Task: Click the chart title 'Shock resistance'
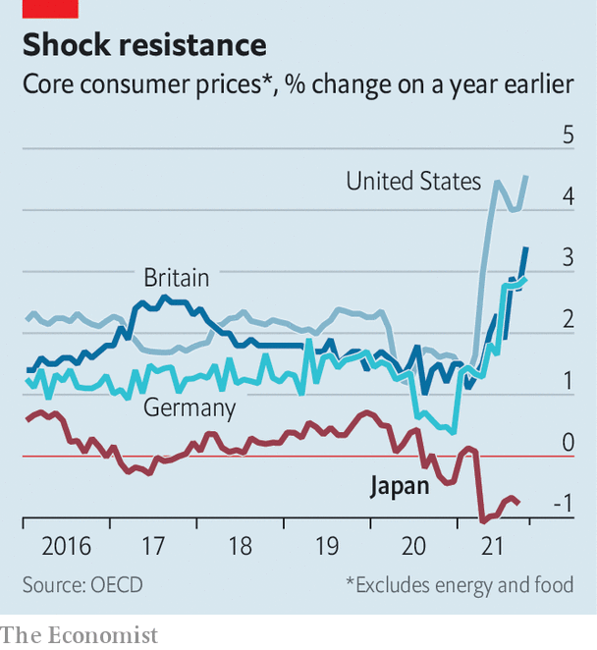(144, 45)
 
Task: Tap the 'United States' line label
(413, 182)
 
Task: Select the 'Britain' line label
(177, 278)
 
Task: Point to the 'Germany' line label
(190, 407)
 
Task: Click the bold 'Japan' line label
(399, 486)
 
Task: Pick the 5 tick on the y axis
(568, 135)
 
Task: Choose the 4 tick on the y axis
(568, 196)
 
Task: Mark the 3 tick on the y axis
(568, 258)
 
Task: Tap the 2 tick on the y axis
(568, 320)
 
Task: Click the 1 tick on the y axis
(568, 382)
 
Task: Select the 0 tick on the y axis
(568, 443)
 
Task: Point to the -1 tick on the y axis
(563, 505)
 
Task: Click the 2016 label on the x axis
(66, 546)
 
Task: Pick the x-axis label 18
(240, 546)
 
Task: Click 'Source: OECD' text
(82, 585)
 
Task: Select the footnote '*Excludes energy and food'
(459, 585)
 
